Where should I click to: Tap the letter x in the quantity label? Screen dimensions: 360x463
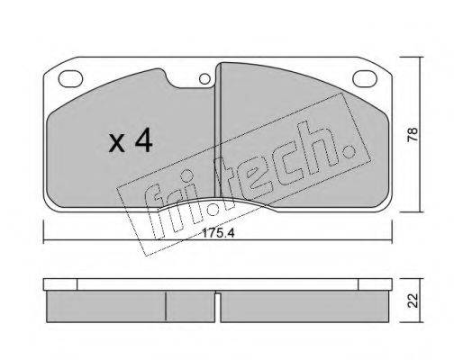[x=118, y=144]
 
